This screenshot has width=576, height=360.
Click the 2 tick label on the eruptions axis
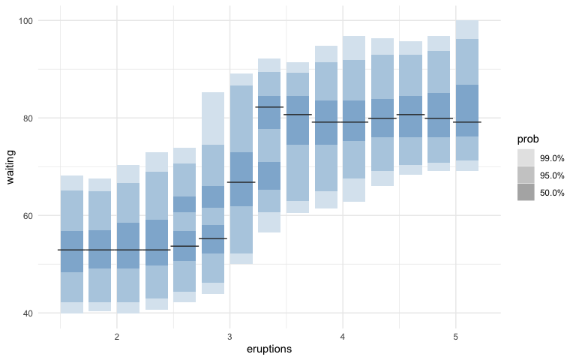tap(116, 337)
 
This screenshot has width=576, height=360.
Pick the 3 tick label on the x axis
tap(229, 337)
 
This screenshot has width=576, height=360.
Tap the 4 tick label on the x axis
tap(343, 337)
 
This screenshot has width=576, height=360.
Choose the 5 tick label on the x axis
tap(456, 337)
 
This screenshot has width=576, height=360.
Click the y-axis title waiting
tap(10, 166)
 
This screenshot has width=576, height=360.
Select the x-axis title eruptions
tap(269, 349)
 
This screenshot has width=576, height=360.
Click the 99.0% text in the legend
tap(553, 157)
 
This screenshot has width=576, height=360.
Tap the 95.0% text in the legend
tap(553, 175)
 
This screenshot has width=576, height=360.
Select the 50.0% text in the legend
tap(553, 192)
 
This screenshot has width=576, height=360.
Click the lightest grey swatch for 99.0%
tap(526, 157)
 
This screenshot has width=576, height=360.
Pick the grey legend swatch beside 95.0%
tap(526, 175)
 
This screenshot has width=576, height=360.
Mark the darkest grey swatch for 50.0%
tap(526, 192)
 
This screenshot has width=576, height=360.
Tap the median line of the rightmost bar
tap(467, 121)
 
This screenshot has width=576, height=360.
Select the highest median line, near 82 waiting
tap(269, 107)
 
